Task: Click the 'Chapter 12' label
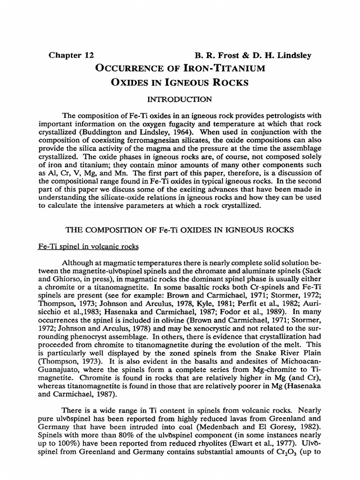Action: pyautogui.click(x=71, y=55)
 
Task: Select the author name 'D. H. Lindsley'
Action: pyautogui.click(x=283, y=55)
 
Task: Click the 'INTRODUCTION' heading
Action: pyautogui.click(x=180, y=100)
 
